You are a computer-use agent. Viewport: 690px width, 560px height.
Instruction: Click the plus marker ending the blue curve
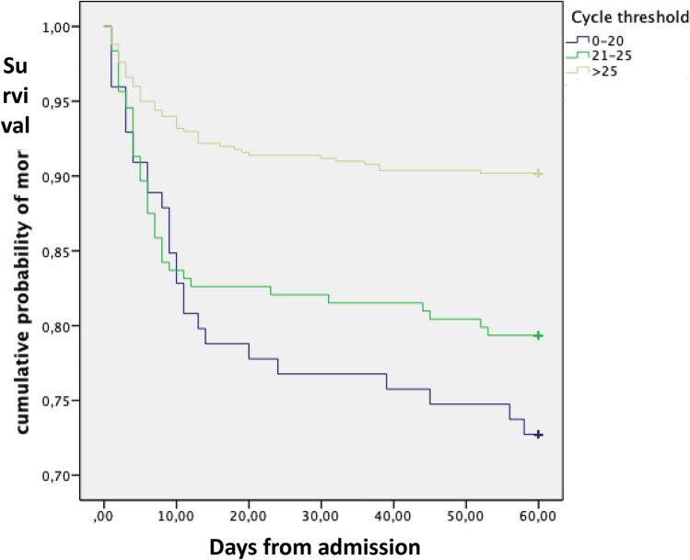click(539, 435)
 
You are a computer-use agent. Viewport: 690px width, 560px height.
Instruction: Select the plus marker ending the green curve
click(539, 336)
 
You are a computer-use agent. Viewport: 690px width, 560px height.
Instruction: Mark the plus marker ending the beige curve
click(539, 173)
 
